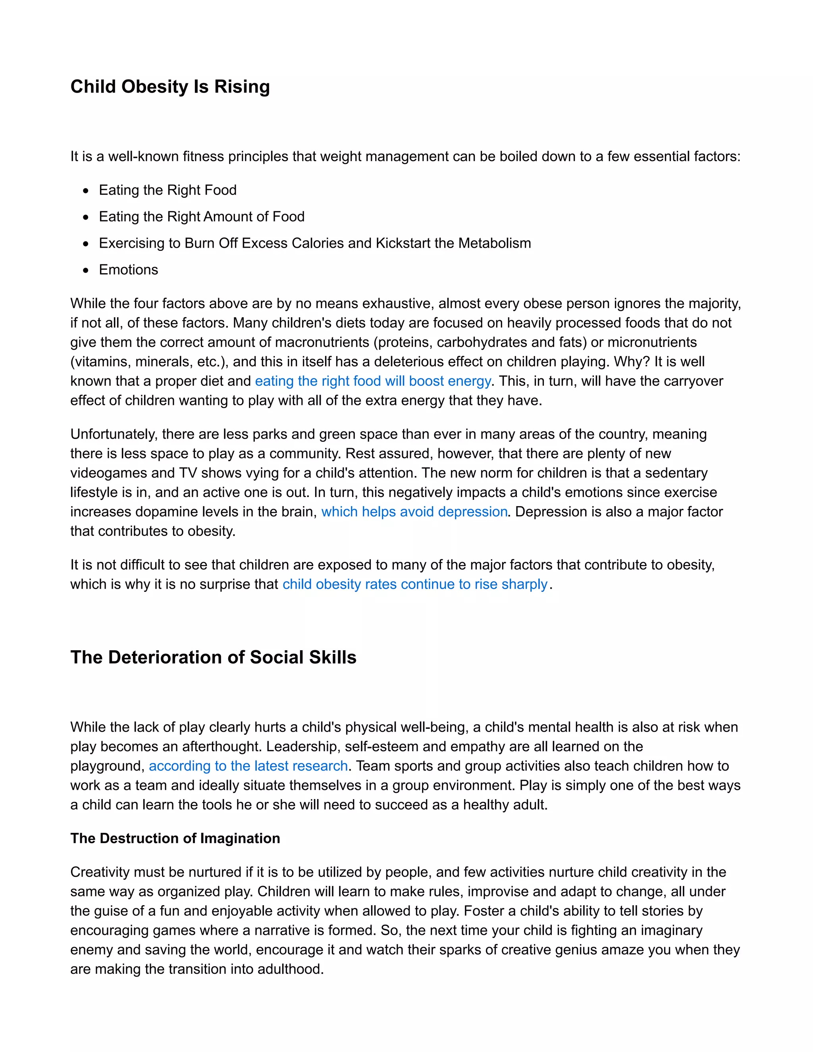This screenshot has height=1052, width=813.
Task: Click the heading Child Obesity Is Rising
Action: click(170, 87)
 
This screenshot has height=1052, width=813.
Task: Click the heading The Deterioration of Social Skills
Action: click(213, 657)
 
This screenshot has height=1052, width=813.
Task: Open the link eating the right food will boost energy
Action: click(373, 381)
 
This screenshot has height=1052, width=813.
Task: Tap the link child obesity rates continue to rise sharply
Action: click(415, 584)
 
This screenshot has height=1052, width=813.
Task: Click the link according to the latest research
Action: click(248, 766)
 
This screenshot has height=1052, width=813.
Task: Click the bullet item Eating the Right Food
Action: click(168, 190)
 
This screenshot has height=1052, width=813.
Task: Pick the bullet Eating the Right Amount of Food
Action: click(201, 217)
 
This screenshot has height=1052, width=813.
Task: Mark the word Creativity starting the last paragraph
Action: click(100, 872)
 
